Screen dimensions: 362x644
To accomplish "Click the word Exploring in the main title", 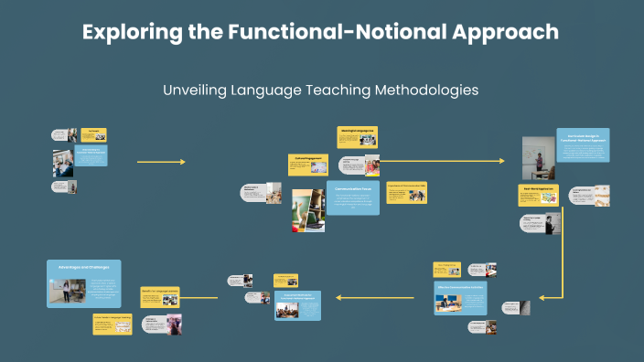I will (124, 32).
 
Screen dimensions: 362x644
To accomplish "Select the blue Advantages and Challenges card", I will (83, 284).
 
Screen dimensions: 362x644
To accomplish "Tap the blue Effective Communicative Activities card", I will (460, 301).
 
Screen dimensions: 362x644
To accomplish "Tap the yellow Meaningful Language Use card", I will (357, 135).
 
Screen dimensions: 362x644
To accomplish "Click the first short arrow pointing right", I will (160, 162).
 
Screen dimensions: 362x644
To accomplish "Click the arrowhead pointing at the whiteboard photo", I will (501, 161).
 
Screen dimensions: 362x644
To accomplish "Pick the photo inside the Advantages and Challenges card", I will (68, 292).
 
